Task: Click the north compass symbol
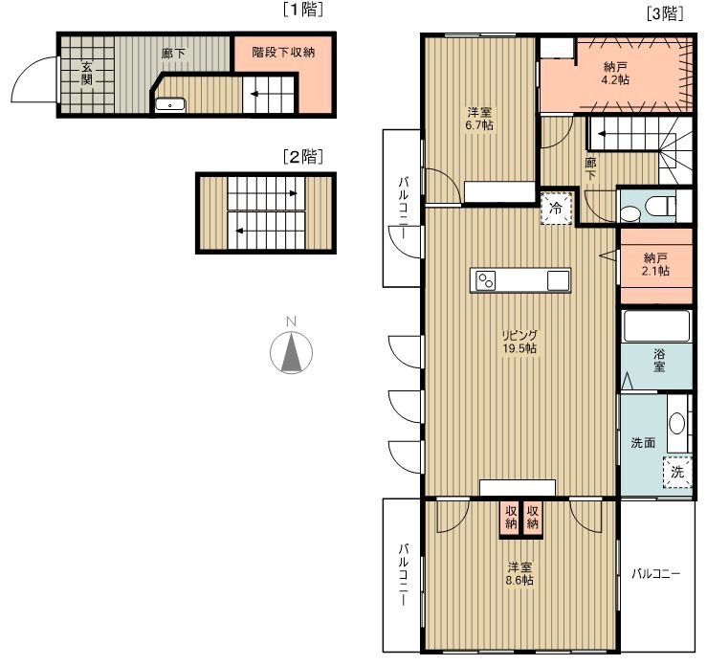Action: click(291, 352)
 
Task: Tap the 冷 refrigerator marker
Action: click(557, 209)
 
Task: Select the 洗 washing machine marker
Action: click(677, 472)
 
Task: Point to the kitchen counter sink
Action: click(558, 280)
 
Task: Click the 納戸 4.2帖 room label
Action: click(615, 74)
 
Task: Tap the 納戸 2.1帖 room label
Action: click(655, 265)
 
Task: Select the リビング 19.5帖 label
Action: click(519, 342)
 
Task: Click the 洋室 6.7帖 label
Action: click(479, 119)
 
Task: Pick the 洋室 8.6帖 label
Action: click(519, 573)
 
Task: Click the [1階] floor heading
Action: click(303, 10)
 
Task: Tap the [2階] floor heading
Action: click(303, 157)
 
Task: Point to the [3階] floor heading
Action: click(665, 14)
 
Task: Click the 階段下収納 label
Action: click(283, 53)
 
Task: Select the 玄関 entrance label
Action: click(86, 74)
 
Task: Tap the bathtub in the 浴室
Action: click(656, 326)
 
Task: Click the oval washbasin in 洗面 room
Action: click(676, 423)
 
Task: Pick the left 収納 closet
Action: click(511, 519)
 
